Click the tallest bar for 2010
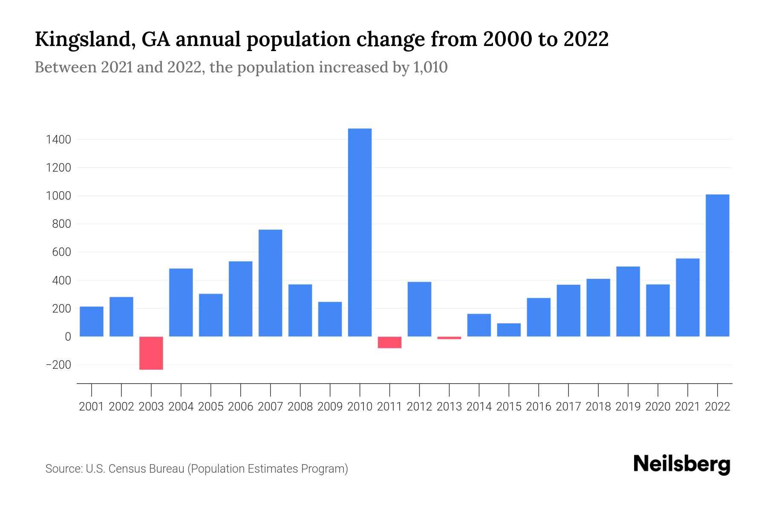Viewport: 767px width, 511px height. coord(360,233)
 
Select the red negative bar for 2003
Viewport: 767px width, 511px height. coord(151,353)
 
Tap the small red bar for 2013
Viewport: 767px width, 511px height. coord(449,338)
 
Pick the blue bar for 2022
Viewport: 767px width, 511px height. coord(718,265)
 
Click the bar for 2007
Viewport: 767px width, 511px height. coord(270,283)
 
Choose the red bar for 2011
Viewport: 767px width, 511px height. coord(389,342)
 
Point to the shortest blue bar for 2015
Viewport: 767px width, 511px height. coord(509,330)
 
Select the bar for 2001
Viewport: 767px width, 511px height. coord(92,322)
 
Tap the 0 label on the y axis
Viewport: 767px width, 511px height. coord(67,337)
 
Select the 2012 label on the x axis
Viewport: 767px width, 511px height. coord(419,407)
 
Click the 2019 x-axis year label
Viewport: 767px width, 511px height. coord(628,407)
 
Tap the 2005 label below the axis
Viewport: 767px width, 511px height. coord(211,407)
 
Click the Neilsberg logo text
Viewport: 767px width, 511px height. coord(681,465)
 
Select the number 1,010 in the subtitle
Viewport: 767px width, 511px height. coord(430,67)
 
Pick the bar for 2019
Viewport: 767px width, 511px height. coord(628,301)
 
